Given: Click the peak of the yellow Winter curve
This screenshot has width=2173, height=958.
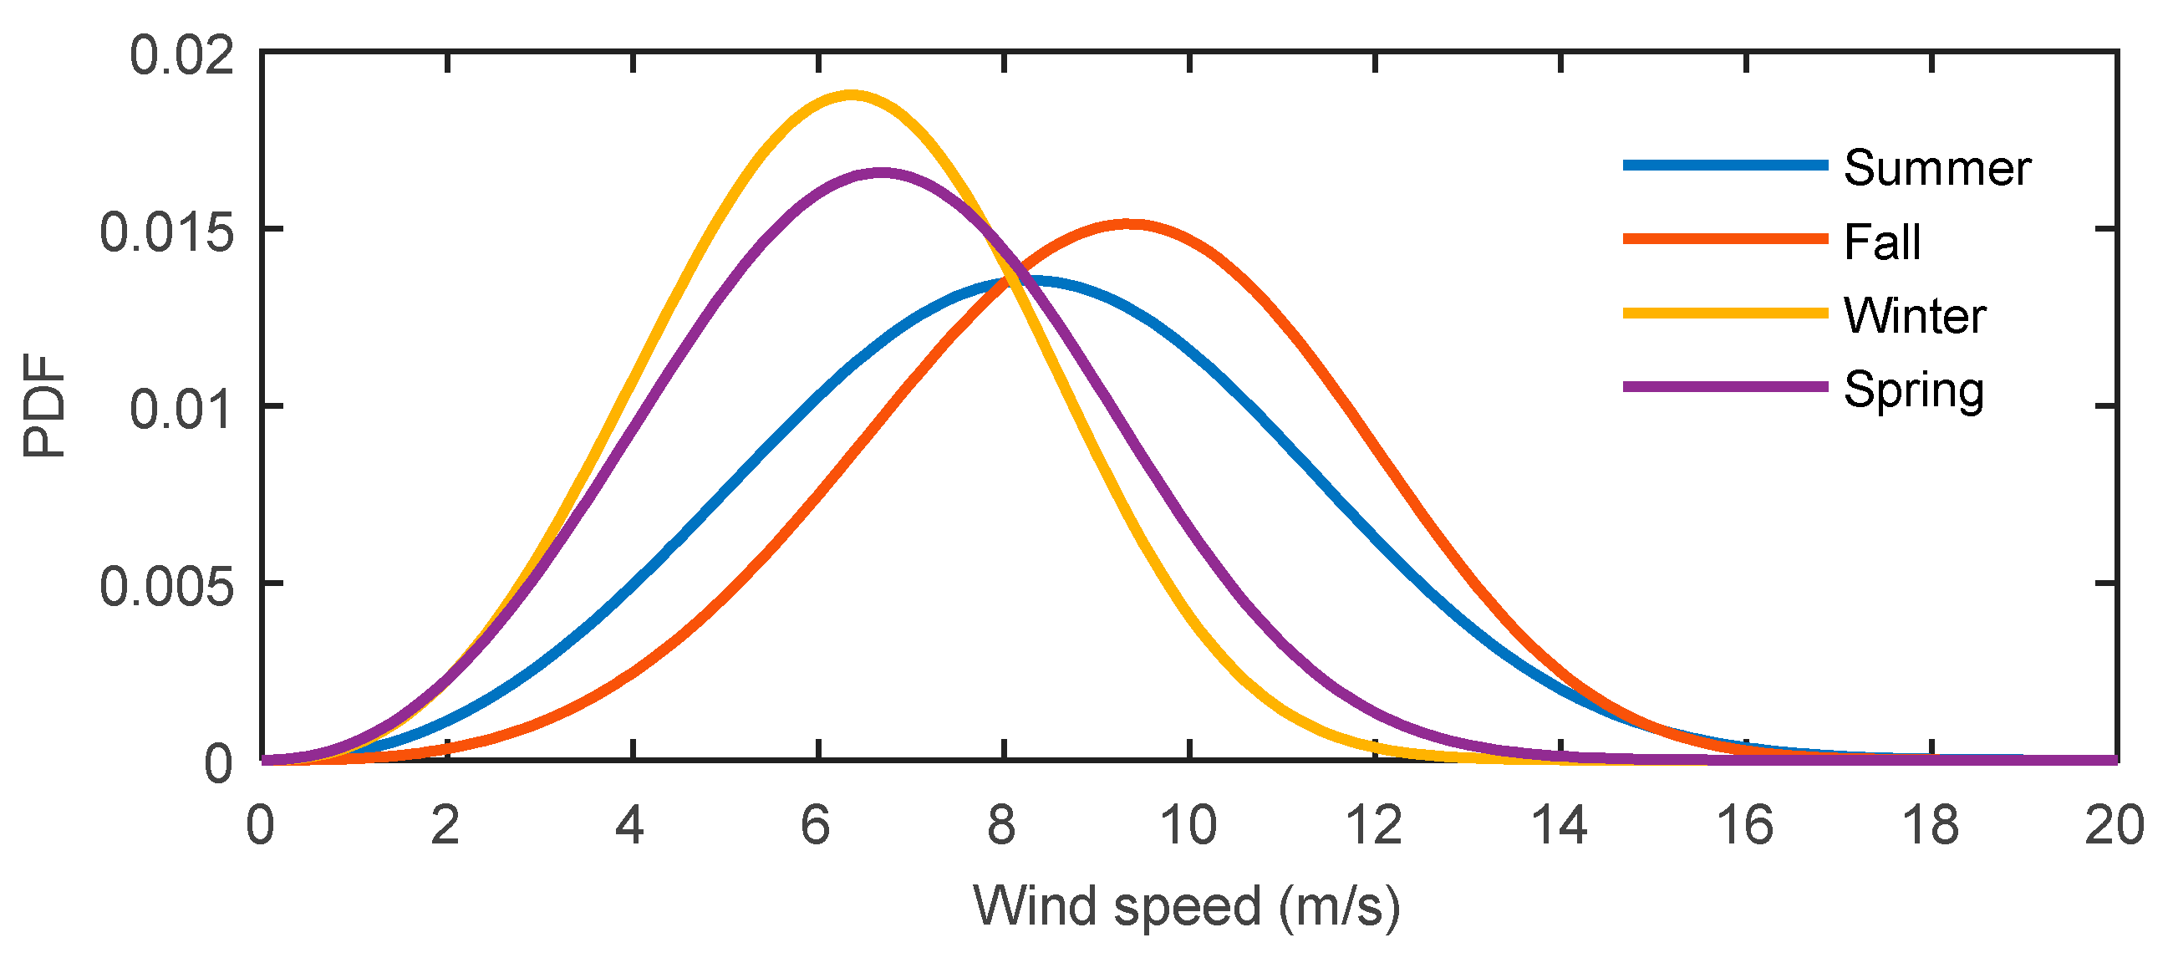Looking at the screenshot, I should click(851, 95).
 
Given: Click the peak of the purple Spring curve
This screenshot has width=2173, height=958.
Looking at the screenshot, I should click(882, 173).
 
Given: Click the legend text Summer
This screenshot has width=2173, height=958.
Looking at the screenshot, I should click(1936, 168).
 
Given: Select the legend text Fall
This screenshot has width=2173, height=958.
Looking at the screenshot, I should click(1882, 242).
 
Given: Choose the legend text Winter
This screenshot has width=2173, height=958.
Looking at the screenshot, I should click(1914, 316).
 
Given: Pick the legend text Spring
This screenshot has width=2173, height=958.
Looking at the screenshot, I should click(1913, 390).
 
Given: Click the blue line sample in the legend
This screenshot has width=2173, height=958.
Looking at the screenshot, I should click(1725, 166).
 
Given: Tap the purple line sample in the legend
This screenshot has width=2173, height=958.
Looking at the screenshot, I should click(1725, 386).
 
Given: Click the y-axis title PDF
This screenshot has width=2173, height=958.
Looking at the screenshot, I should click(43, 406).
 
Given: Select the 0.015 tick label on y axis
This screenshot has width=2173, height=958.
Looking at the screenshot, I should click(166, 232).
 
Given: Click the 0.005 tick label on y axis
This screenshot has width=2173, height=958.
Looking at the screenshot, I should click(166, 587).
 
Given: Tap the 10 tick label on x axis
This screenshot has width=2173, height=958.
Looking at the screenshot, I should click(1188, 824).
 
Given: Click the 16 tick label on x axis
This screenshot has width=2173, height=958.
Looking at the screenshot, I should click(1744, 824).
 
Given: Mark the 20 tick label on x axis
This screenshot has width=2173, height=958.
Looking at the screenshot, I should click(2114, 824).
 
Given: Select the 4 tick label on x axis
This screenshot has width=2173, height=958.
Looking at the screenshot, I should click(630, 824).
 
